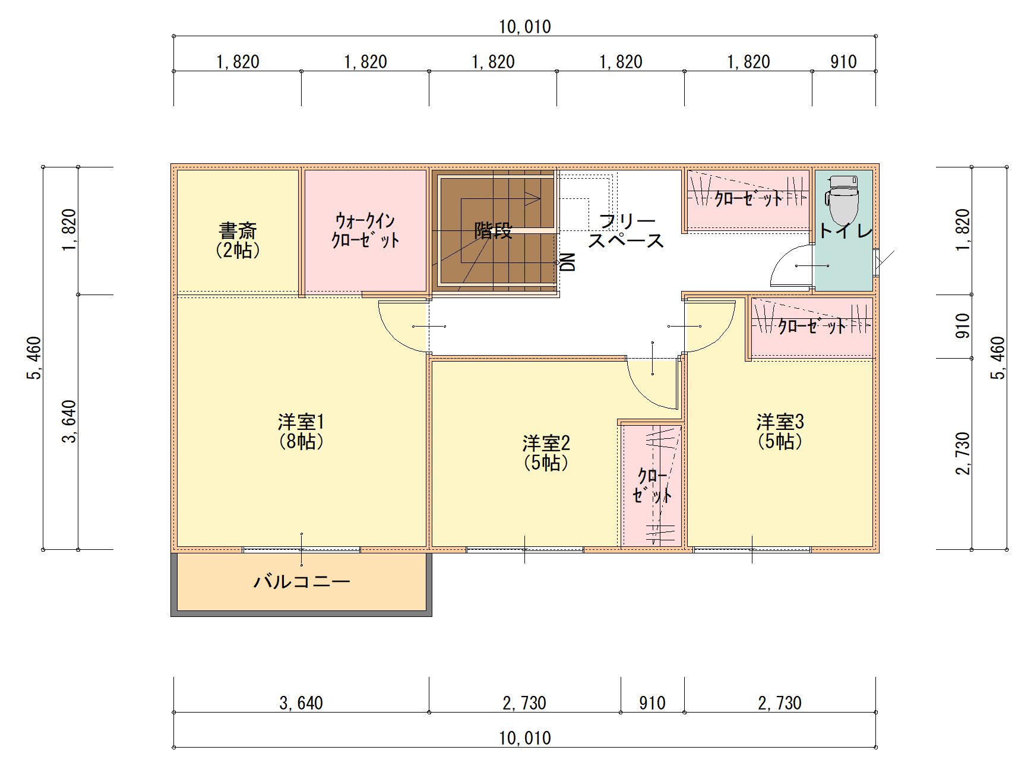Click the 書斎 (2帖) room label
[x=238, y=240]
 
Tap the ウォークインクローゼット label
[x=365, y=230]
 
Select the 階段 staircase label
[x=493, y=230]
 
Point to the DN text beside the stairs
[x=568, y=262]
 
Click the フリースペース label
[x=626, y=230]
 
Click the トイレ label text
[x=846, y=231]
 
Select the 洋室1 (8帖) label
[x=302, y=432]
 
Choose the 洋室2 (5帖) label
[x=546, y=452]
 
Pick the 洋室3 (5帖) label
[x=780, y=432]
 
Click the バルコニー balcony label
[x=302, y=581]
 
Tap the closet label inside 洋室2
[x=652, y=486]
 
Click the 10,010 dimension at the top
[x=525, y=27]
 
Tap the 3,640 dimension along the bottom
[x=301, y=703]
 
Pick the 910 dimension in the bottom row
[x=652, y=703]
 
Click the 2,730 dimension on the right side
[x=963, y=454]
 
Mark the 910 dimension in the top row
[x=843, y=62]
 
